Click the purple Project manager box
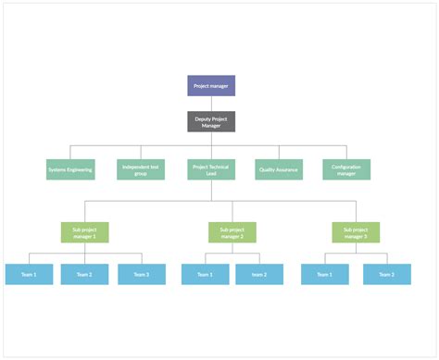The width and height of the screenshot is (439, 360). (211, 86)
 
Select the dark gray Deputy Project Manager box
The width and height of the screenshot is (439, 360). (211, 121)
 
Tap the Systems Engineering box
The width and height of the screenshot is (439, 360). (69, 169)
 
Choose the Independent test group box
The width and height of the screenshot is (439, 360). (141, 169)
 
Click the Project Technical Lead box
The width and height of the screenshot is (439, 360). (211, 169)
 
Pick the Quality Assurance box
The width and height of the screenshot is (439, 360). (279, 169)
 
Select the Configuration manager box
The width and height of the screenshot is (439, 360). (346, 169)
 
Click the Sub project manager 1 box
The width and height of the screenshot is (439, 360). (85, 232)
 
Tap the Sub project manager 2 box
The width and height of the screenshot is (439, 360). (232, 232)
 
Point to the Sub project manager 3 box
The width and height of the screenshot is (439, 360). (356, 232)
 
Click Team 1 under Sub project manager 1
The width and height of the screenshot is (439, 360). (29, 274)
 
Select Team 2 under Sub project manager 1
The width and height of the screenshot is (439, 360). (85, 274)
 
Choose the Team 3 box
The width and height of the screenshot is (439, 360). (141, 274)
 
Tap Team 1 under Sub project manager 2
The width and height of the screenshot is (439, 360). (205, 274)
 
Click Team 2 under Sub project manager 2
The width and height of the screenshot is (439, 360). (258, 274)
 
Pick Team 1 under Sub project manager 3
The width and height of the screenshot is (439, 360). (324, 274)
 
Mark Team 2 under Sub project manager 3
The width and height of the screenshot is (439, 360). (387, 274)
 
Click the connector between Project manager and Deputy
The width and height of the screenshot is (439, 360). (211, 104)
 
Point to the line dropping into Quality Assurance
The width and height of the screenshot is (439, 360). (279, 153)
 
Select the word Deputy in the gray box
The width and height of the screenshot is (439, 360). (204, 118)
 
